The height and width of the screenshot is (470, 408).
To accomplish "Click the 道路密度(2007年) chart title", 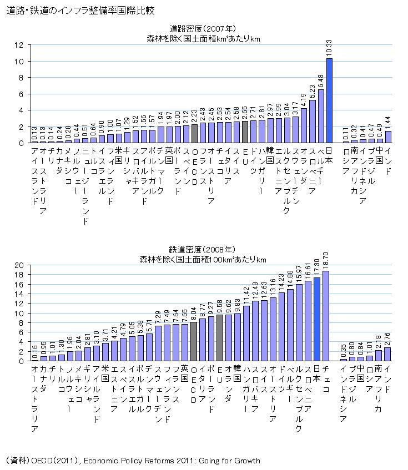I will (203, 29).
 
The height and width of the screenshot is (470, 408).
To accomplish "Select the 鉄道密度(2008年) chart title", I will (203, 250).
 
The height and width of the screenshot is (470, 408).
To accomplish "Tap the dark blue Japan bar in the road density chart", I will (329, 100).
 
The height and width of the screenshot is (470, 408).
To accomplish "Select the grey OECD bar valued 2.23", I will (194, 134).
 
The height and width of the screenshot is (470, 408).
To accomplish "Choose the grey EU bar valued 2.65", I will (245, 132).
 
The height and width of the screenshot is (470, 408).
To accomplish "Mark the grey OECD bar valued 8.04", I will (193, 341).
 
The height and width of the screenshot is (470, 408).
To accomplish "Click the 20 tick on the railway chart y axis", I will (19, 265).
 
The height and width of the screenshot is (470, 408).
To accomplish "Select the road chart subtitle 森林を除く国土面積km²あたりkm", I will (203, 38).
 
